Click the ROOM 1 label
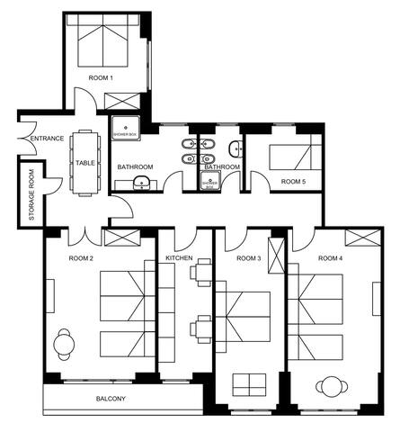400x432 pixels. click(100, 78)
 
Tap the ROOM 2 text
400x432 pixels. click(82, 258)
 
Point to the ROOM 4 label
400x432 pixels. click(329, 258)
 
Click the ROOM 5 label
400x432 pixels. click(293, 181)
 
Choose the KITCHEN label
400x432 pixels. click(179, 258)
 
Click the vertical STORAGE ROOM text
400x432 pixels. click(31, 195)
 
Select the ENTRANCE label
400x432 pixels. click(47, 139)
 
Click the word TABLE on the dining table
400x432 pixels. click(85, 163)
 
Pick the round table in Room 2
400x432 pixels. click(64, 342)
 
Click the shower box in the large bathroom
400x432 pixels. click(123, 128)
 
